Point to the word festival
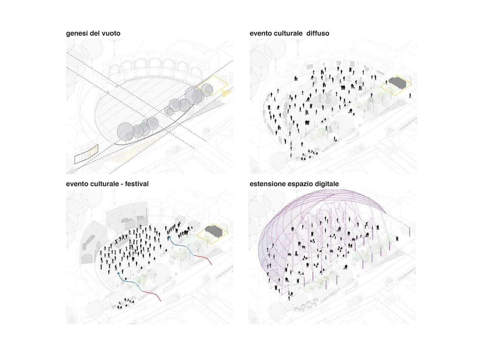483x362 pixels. point(137,184)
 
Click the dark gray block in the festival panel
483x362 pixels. point(214,230)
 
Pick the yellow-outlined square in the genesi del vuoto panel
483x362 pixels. point(212,86)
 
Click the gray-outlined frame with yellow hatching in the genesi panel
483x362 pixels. point(86,154)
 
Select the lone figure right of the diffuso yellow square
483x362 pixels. point(410,95)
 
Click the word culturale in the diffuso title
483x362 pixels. point(289,33)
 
